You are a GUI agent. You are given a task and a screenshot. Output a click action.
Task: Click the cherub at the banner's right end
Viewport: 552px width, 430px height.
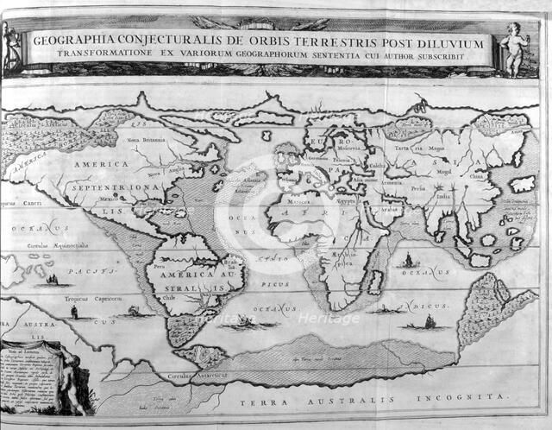tap(515, 47)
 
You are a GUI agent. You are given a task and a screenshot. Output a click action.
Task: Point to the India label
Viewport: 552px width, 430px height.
tap(442, 196)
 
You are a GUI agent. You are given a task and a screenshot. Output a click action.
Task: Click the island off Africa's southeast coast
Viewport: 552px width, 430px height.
tap(376, 282)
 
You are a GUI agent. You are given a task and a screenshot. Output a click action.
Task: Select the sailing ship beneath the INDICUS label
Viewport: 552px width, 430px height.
tap(429, 322)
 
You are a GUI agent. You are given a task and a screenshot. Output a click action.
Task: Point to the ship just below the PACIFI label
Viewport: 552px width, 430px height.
tap(53, 281)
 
